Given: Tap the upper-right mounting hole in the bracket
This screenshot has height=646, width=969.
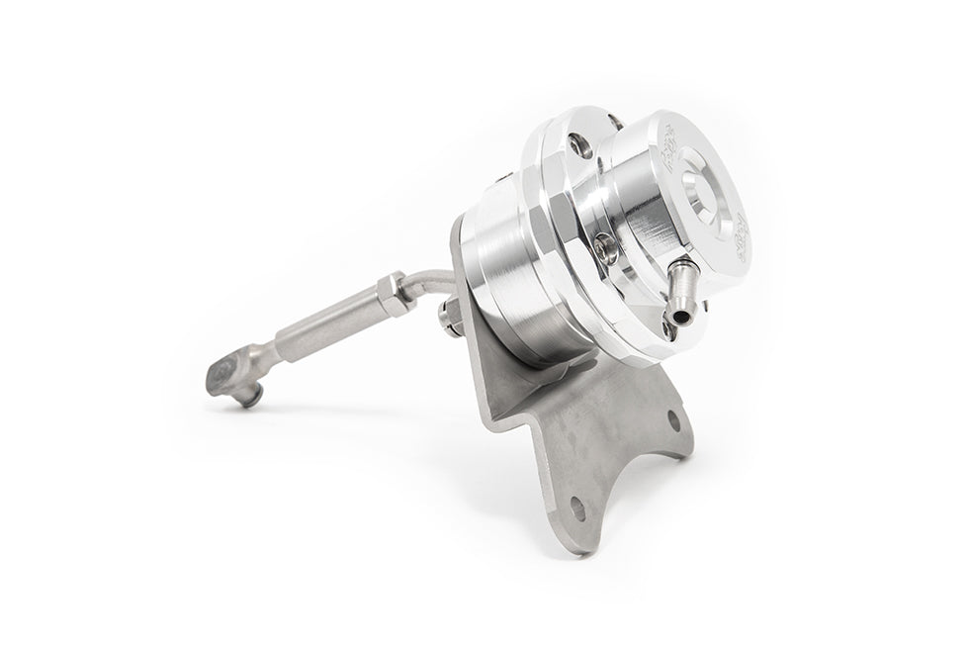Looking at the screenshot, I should coord(672,421).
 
